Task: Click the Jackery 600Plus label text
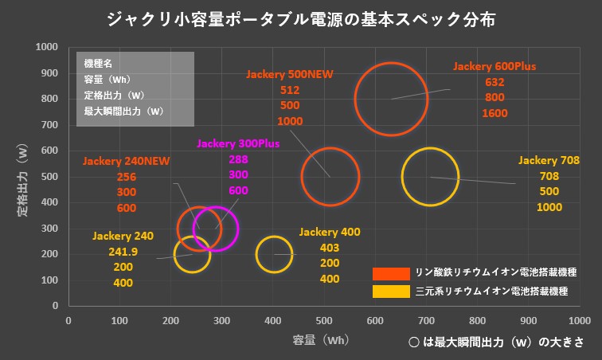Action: (x=494, y=66)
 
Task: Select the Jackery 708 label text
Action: (x=549, y=160)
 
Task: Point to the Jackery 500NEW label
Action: (x=290, y=74)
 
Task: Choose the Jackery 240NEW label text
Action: (x=126, y=162)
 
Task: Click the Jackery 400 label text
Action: (x=330, y=233)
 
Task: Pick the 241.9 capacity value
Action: (x=123, y=252)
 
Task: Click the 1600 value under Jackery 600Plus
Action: (x=494, y=114)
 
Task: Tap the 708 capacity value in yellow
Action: (x=549, y=176)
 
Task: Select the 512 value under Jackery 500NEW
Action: (x=290, y=90)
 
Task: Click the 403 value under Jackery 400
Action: (x=330, y=248)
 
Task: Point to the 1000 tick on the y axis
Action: (x=46, y=47)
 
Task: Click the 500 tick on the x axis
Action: (x=323, y=320)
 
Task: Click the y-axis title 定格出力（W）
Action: (x=22, y=176)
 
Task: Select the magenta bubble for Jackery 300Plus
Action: (x=216, y=229)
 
